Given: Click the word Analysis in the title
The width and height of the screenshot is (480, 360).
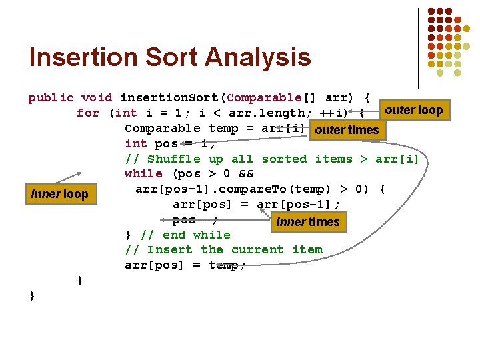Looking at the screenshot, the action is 263,57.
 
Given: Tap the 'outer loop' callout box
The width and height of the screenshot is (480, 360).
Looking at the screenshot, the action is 414,110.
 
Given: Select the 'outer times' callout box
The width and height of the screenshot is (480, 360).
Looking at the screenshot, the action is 347,130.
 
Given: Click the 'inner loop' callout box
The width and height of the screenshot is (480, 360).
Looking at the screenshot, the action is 59,195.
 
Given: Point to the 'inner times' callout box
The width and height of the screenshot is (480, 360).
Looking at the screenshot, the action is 308,222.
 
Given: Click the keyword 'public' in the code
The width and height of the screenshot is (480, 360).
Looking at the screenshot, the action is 51,98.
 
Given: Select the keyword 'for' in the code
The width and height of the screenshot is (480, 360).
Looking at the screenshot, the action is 87,113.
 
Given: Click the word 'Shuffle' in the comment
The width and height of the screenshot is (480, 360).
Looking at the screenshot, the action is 173,159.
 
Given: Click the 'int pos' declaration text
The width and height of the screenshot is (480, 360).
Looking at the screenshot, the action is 151,144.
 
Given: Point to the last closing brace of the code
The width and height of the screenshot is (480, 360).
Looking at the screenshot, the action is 32,295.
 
